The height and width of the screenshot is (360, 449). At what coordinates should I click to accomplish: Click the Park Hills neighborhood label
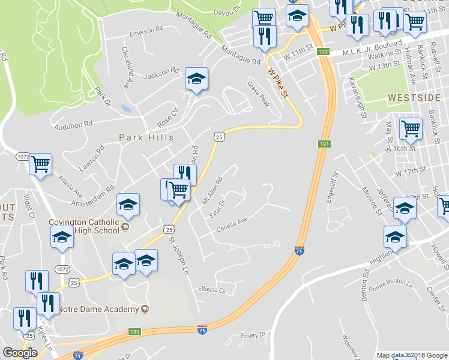click(146, 137)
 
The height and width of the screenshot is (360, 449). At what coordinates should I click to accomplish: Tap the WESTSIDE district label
click(414, 97)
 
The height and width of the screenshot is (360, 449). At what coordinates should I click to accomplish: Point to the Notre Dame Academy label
click(99, 309)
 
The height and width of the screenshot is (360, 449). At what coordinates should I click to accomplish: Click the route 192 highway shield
click(324, 52)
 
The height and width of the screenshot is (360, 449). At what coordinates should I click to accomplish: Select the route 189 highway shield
click(134, 332)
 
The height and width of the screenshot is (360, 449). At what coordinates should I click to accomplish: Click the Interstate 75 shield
click(202, 330)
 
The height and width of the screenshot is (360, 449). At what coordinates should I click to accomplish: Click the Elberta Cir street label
click(214, 290)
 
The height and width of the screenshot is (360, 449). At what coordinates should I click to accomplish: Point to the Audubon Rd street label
click(73, 124)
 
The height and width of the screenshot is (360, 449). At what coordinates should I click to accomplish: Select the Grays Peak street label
click(258, 94)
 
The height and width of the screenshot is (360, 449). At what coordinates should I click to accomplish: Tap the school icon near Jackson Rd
click(196, 79)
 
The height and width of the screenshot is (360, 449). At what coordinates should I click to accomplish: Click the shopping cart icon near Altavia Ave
click(40, 164)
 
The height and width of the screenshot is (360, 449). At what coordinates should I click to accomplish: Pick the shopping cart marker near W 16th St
click(411, 128)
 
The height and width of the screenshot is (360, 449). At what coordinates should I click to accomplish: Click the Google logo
click(20, 353)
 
